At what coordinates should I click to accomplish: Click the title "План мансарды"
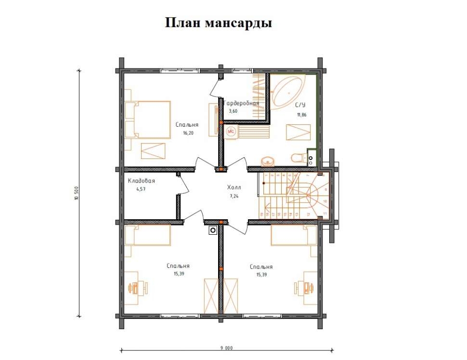coord(219,23)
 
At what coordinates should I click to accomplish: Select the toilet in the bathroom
coord(298,157)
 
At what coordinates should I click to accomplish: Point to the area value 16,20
coord(188,133)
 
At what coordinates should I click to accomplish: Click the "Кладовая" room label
coord(141,181)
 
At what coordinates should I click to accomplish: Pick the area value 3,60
coord(233,111)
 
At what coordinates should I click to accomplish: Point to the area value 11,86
coord(301,115)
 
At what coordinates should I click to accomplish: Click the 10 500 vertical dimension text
coord(77,193)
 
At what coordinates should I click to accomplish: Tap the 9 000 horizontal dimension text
coord(227,348)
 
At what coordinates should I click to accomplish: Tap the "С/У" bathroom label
coord(300,104)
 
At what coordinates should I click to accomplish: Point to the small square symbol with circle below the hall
coord(212,230)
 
